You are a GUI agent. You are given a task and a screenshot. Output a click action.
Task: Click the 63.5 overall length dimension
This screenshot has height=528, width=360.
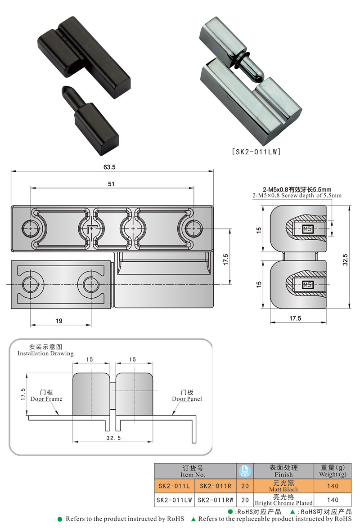point(109,167)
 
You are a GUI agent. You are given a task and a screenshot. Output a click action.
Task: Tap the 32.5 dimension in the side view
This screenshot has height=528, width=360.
point(345,260)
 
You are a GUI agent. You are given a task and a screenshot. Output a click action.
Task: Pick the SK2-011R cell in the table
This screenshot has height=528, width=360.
point(216,486)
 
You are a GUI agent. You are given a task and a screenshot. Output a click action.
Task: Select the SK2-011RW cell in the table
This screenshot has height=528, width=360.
point(216,500)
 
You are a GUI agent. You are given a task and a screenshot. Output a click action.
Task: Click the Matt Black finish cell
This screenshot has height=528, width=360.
point(283,486)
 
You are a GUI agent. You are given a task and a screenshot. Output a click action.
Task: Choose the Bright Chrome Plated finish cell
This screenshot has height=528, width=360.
point(283,500)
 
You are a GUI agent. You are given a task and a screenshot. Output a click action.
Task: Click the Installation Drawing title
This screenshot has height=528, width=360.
point(45,350)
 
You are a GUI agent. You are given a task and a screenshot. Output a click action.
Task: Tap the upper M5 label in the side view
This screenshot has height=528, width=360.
point(308,229)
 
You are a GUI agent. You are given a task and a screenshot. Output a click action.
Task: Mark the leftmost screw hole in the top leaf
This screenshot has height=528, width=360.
point(31,228)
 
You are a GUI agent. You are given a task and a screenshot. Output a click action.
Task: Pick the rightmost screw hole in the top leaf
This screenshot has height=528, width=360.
point(193,228)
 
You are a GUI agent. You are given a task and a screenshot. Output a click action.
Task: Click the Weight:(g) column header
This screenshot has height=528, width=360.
point(333,471)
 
